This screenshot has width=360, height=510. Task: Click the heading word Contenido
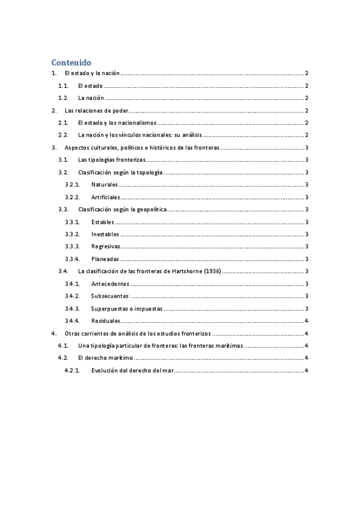71,62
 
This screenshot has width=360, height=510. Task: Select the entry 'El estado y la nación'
93,73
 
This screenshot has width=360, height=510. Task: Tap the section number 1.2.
63,98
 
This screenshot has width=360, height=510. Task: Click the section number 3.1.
63,160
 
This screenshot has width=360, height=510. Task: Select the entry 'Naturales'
105,185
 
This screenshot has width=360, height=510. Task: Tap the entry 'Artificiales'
106,197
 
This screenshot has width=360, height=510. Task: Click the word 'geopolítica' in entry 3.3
150,209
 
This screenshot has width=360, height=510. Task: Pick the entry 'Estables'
104,222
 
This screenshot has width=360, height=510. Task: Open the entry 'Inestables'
105,234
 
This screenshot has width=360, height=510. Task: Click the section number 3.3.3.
72,247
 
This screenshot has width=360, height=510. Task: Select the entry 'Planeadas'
105,259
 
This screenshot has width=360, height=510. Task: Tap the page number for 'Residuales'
307,321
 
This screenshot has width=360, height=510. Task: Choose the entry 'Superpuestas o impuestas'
126,309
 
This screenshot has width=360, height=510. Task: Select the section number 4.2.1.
72,370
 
